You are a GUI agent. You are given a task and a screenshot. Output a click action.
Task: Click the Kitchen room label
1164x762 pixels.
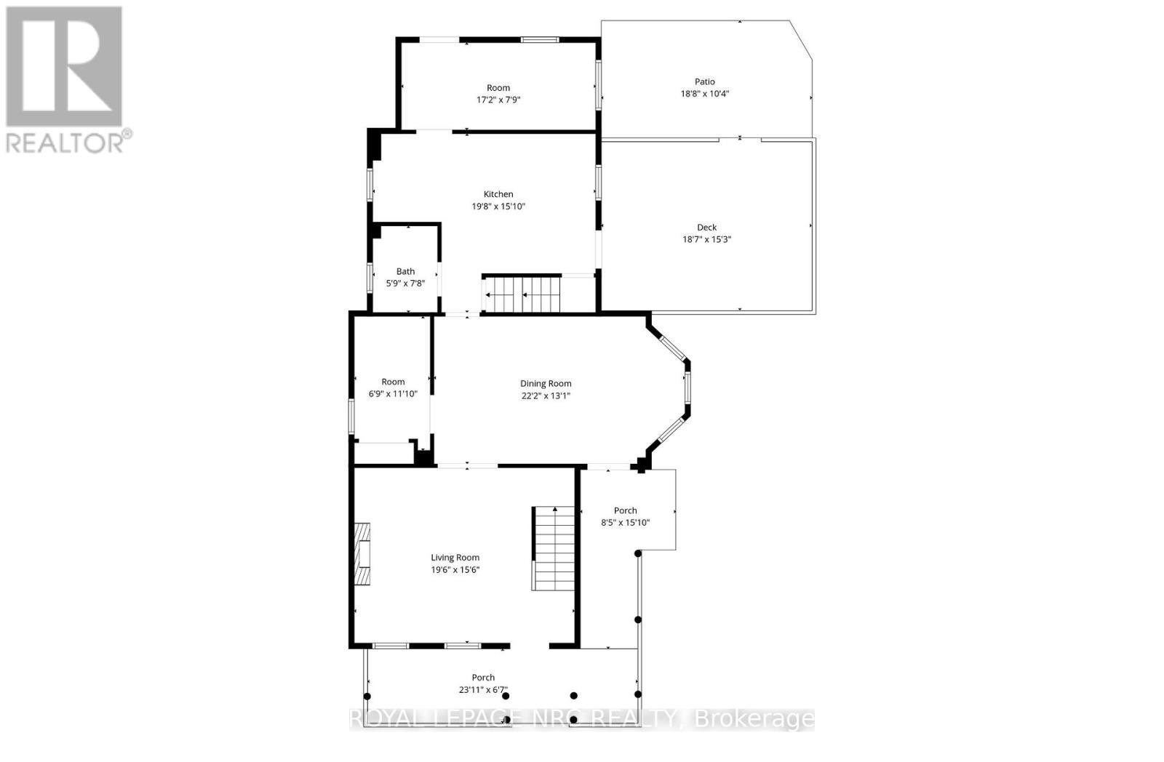498,194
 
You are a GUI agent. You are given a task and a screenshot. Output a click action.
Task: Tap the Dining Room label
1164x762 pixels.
546,383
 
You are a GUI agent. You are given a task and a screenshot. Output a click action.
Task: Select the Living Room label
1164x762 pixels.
455,558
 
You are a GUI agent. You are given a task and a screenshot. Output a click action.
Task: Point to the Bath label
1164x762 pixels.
405,271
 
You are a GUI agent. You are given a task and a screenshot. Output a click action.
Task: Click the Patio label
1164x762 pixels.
704,81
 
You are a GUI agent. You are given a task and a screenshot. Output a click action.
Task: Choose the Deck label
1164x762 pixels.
706,227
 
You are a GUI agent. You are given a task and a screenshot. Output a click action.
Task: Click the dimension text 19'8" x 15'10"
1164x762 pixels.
498,206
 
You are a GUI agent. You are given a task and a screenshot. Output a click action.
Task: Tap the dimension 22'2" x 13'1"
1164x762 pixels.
546,396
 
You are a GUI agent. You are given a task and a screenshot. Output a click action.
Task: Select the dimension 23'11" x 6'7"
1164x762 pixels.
483,689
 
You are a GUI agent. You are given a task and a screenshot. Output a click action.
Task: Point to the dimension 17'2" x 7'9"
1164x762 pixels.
498,100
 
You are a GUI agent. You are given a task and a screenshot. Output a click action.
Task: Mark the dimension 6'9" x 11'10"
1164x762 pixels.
393,393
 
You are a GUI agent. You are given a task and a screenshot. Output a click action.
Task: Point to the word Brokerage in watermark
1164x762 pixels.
754,719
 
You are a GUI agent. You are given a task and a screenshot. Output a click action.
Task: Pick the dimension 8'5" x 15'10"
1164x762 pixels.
625,522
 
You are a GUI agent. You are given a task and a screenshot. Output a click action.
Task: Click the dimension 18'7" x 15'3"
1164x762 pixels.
706,239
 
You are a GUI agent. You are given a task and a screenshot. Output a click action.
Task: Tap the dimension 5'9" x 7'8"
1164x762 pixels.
405,284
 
